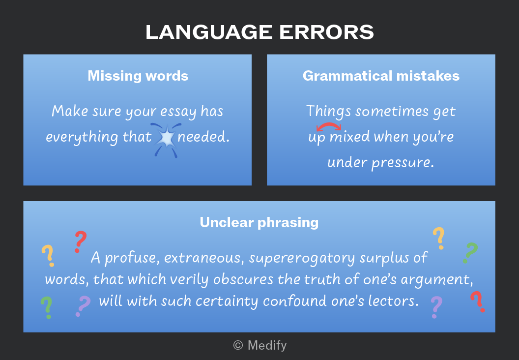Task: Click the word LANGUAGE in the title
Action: click(209, 32)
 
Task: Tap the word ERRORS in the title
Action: click(326, 32)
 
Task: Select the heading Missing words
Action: click(138, 76)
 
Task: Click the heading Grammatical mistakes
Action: click(381, 76)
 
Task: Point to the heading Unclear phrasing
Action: click(259, 223)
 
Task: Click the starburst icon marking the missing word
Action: click(166, 140)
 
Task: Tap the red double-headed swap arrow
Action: click(329, 126)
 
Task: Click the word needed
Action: click(203, 137)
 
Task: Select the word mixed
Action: click(349, 137)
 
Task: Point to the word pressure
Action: click(402, 163)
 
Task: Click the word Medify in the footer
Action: click(267, 345)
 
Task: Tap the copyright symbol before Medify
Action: click(238, 345)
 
